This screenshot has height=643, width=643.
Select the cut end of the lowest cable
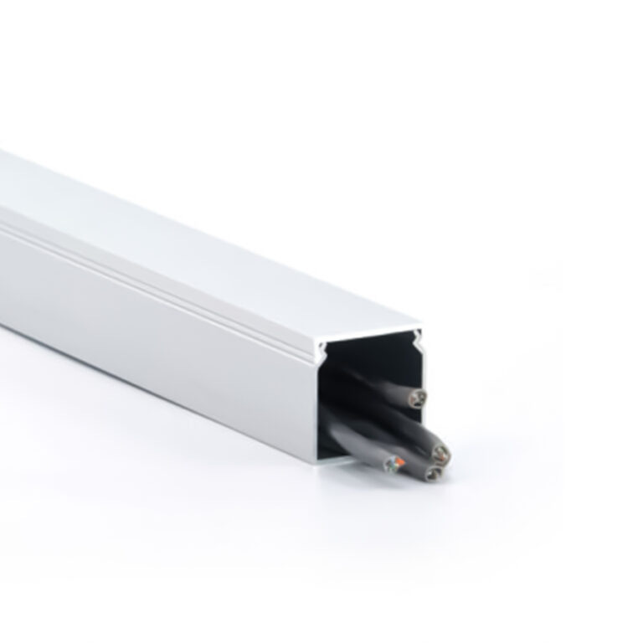pyautogui.click(x=432, y=473)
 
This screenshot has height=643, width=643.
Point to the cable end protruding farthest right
pyautogui.click(x=440, y=453)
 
